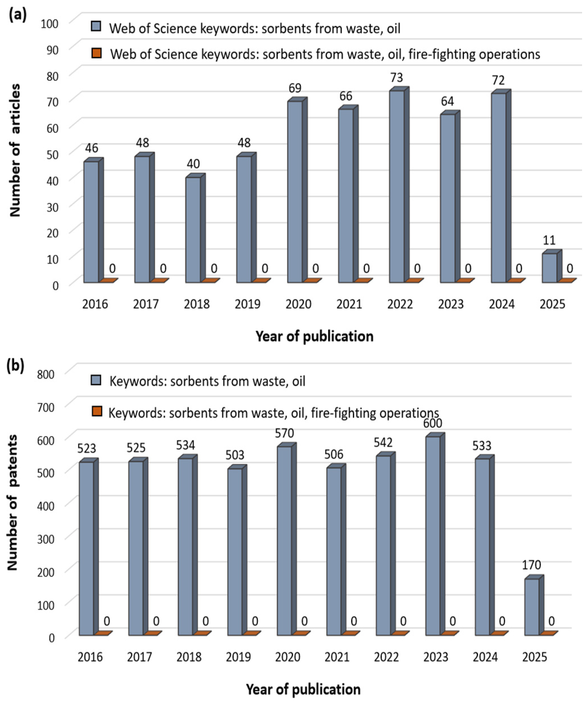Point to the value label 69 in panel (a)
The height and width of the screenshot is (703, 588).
point(295,88)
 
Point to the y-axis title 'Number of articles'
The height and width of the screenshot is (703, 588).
point(15,151)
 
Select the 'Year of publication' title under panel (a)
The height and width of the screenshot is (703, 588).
point(315,336)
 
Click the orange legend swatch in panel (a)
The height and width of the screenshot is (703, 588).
point(96,53)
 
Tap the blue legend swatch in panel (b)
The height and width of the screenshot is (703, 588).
point(96,380)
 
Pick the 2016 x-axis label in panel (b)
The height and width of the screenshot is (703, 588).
point(90,657)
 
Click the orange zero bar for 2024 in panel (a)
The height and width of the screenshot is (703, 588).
point(514,280)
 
